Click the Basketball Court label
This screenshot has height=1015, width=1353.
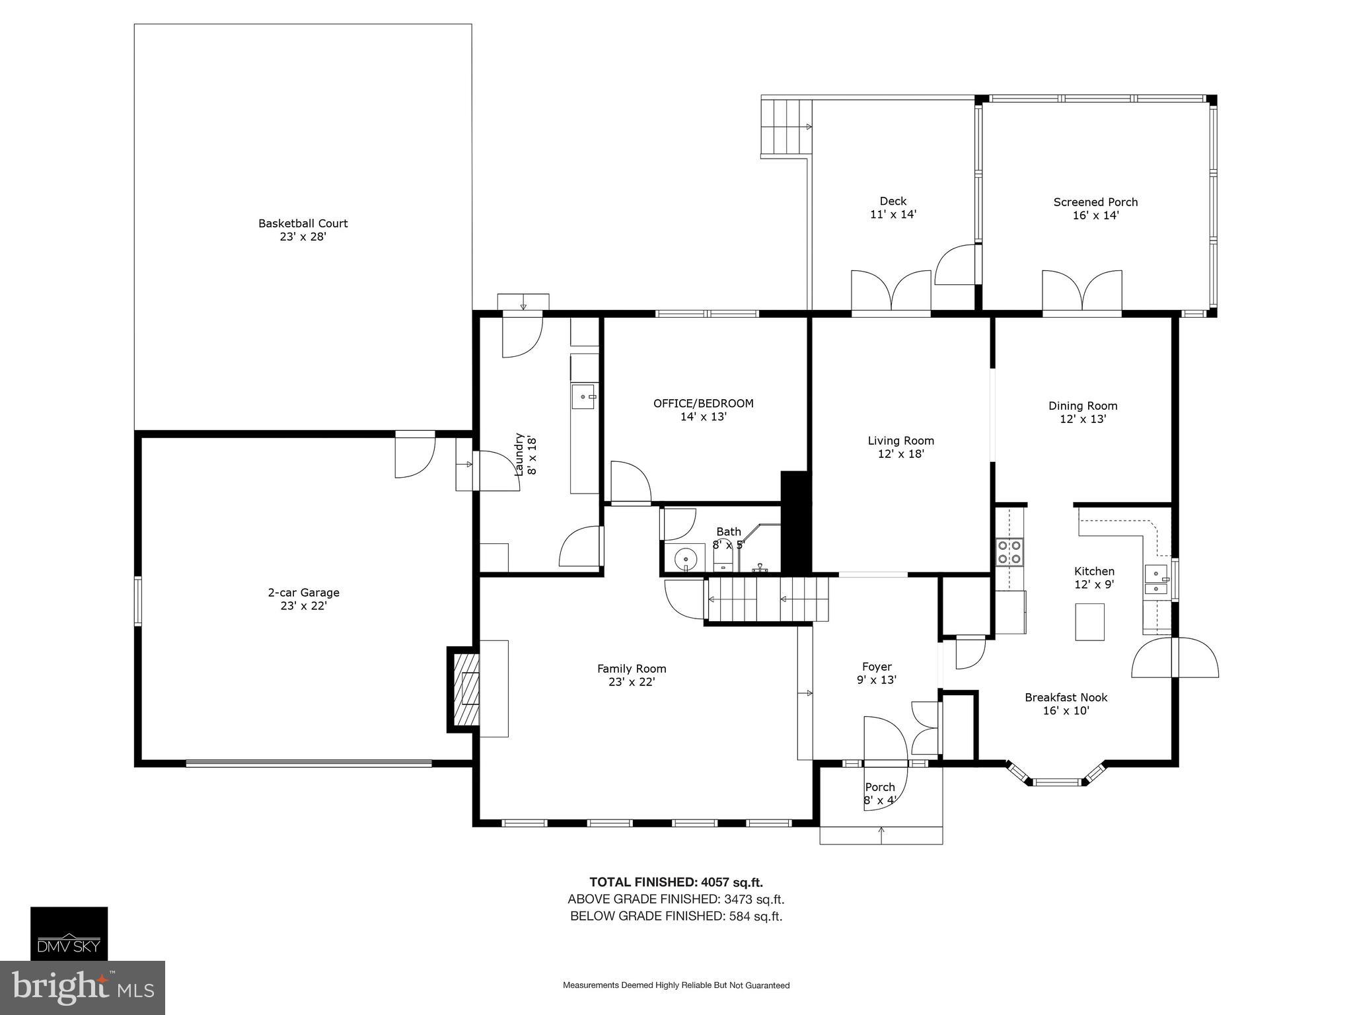tap(303, 223)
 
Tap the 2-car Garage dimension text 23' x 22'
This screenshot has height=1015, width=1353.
tap(303, 605)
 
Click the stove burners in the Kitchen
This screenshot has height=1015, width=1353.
tap(1009, 552)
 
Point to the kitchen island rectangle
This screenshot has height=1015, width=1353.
tap(1089, 621)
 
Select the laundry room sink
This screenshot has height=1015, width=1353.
tap(583, 396)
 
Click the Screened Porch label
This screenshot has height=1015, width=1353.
tap(1095, 202)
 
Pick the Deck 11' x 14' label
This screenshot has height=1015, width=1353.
tap(893, 207)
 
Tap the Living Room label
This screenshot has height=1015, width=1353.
tap(900, 441)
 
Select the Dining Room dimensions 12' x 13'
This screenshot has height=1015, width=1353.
tap(1083, 419)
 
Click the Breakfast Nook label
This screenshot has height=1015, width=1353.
tap(1066, 697)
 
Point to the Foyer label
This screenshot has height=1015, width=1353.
tap(877, 667)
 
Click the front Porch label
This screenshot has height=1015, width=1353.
tap(879, 787)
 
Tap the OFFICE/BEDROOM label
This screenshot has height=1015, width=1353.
tap(703, 403)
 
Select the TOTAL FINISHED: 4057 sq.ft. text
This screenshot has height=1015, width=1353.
tap(676, 882)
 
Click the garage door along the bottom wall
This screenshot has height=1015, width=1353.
tap(309, 763)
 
